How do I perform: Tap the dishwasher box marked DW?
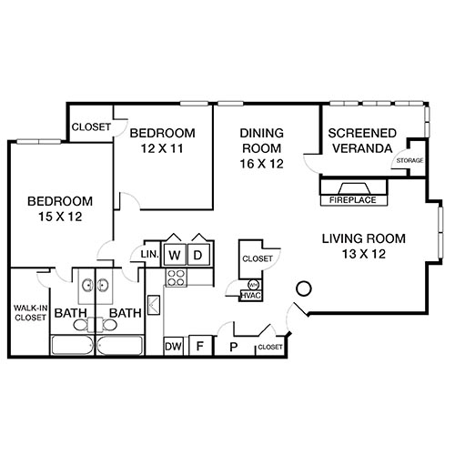[173, 346]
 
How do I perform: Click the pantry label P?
[233, 346]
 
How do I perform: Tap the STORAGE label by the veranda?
[409, 161]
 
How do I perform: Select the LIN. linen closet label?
[149, 254]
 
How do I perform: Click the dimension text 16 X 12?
[261, 164]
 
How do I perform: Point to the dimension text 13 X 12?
[362, 256]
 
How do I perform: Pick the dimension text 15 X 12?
[59, 217]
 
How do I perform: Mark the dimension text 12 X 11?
[162, 149]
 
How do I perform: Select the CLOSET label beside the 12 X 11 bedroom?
[90, 127]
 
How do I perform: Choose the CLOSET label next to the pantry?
[270, 347]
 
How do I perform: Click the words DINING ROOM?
[261, 140]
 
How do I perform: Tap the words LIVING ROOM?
[363, 239]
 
